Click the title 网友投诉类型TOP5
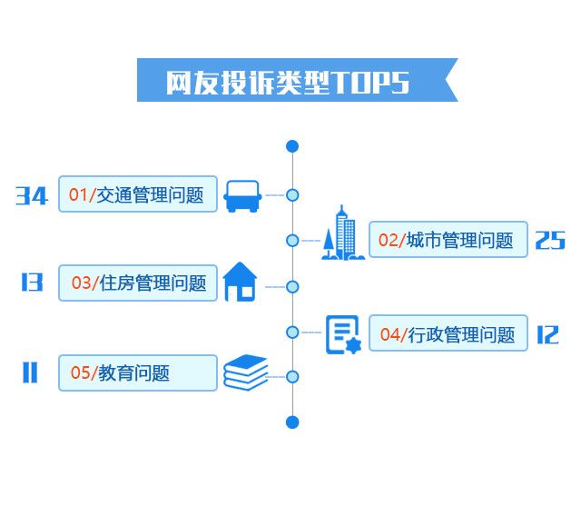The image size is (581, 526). coord(288,82)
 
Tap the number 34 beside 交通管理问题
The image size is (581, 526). coord(32,195)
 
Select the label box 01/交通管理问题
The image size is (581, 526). coord(138,194)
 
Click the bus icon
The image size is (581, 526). coord(242,195)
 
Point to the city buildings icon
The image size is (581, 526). coord(343,233)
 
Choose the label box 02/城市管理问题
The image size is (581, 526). coord(448,240)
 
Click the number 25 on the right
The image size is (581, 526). coord(550,240)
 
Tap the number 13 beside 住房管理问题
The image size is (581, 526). coord(32,283)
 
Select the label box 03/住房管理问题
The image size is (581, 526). coord(138,283)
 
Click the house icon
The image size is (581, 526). coord(240,282)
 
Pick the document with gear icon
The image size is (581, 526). coord(343,333)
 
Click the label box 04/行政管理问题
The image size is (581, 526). coord(448,334)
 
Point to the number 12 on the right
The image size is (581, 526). coord(547,334)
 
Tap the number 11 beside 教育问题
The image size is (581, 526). coord(30,372)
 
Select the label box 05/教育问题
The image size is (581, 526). coord(138,372)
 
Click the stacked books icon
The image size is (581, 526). coord(246,372)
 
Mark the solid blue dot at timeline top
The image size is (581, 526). coord(292,146)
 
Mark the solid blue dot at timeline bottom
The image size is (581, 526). coord(292,422)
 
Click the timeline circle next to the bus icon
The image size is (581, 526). coord(292,194)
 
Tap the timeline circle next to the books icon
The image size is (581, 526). coord(292,376)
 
